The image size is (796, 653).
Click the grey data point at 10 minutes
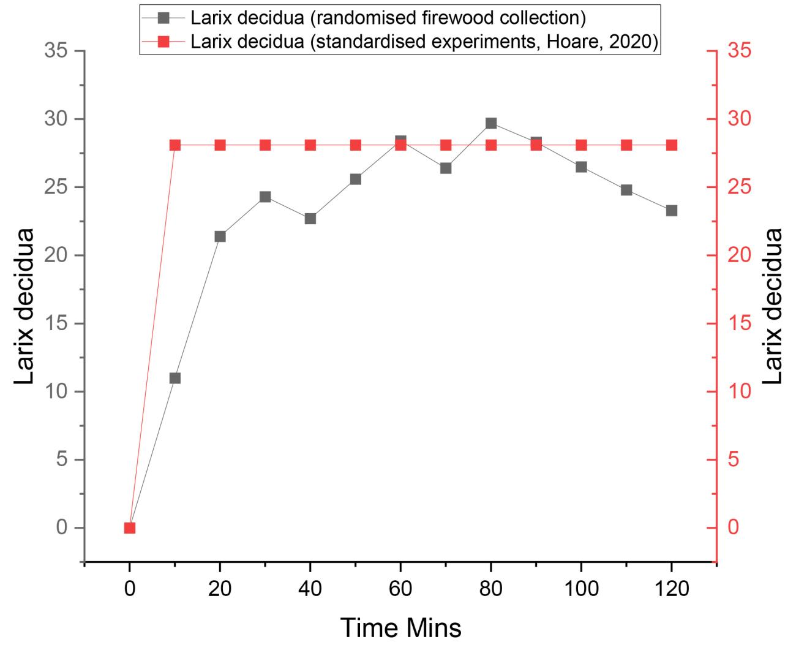(x=175, y=378)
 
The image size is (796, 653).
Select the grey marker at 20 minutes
(x=220, y=236)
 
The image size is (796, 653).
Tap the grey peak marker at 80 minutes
(x=491, y=123)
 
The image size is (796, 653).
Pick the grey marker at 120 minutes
(x=672, y=211)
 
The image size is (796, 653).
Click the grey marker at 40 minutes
(x=310, y=219)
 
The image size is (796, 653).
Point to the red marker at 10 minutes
(x=175, y=145)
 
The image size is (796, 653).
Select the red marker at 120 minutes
(x=672, y=145)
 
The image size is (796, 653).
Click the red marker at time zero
(x=130, y=527)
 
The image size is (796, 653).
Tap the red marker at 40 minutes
(x=310, y=145)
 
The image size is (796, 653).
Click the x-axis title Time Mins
(x=400, y=628)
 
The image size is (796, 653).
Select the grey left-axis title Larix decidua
(x=24, y=306)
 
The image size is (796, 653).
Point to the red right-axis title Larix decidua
(x=773, y=306)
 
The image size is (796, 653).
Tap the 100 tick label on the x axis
(x=581, y=589)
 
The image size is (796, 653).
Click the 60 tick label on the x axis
(x=400, y=589)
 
